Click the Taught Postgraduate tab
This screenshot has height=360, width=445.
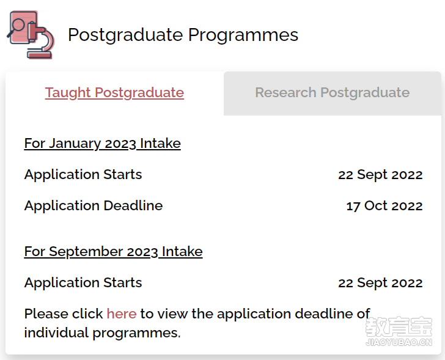click(114, 93)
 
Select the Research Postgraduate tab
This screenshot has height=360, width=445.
click(333, 93)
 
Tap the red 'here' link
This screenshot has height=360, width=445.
click(122, 314)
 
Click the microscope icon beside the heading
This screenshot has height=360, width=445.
click(31, 35)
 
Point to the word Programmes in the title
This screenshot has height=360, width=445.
click(243, 35)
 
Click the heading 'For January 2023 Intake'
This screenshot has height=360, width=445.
click(103, 143)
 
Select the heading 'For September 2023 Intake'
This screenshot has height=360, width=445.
click(113, 252)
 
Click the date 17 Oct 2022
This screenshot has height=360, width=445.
click(384, 206)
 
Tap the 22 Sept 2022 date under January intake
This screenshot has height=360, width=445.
click(380, 175)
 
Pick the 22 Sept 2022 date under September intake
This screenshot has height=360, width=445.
click(380, 283)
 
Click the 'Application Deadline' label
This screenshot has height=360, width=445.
click(94, 206)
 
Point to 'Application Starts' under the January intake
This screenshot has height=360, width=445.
click(83, 175)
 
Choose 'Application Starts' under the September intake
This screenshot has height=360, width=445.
click(83, 283)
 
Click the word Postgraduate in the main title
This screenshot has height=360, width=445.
click(126, 35)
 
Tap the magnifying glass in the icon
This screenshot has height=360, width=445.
click(17, 27)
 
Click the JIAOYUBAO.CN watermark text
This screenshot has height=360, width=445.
click(399, 342)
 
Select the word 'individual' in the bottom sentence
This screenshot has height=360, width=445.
click(56, 332)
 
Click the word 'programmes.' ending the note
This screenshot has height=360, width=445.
click(136, 333)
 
